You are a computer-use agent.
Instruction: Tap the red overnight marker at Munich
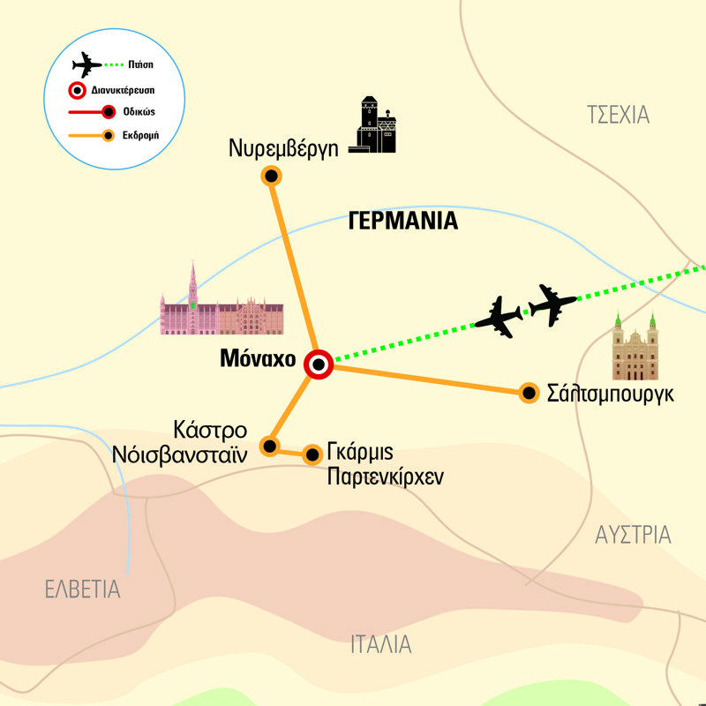(318, 364)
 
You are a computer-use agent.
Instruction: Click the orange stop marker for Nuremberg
(272, 176)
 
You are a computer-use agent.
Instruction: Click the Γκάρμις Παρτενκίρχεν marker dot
(312, 455)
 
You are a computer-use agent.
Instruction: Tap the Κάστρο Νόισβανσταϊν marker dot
(270, 445)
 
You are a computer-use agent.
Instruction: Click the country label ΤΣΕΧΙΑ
(618, 114)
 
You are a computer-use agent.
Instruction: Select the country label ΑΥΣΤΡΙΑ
(633, 535)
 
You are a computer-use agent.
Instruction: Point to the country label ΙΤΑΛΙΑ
(379, 643)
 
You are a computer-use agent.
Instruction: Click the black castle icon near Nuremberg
(377, 125)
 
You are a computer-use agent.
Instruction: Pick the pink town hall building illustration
(222, 304)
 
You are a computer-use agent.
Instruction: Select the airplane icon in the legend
(85, 64)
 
